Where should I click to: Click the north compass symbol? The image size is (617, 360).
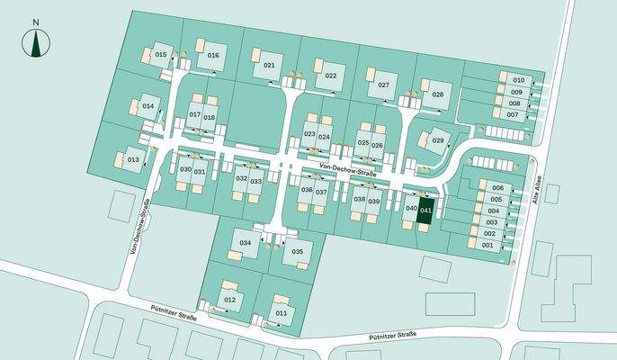click(36, 41)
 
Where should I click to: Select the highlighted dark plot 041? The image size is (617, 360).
click(426, 210)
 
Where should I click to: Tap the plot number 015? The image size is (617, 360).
click(161, 55)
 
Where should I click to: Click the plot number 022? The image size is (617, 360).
click(331, 76)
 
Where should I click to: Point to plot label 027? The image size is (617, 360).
click(383, 85)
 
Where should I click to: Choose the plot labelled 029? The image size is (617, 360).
click(438, 140)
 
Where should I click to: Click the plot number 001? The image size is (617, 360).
click(488, 245)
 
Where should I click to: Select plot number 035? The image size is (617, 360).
click(298, 251)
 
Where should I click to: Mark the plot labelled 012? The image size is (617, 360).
click(229, 299)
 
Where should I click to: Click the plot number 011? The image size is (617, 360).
click(282, 312)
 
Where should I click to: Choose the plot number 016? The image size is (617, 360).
click(213, 56)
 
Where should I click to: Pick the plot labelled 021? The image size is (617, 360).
click(269, 66)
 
